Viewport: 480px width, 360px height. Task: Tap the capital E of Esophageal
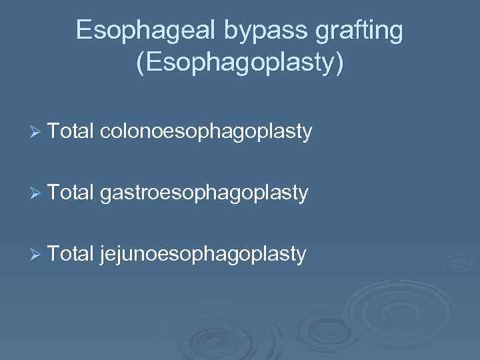(x=83, y=30)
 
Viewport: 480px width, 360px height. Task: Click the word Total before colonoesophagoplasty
(x=71, y=132)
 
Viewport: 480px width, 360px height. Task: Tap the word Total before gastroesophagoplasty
(x=71, y=193)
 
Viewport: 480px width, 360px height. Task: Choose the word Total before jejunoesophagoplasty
(x=71, y=253)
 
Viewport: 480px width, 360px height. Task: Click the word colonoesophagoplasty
(x=206, y=132)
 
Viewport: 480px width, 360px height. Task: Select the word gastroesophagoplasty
(x=204, y=193)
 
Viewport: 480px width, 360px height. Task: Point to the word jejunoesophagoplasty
(x=203, y=253)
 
